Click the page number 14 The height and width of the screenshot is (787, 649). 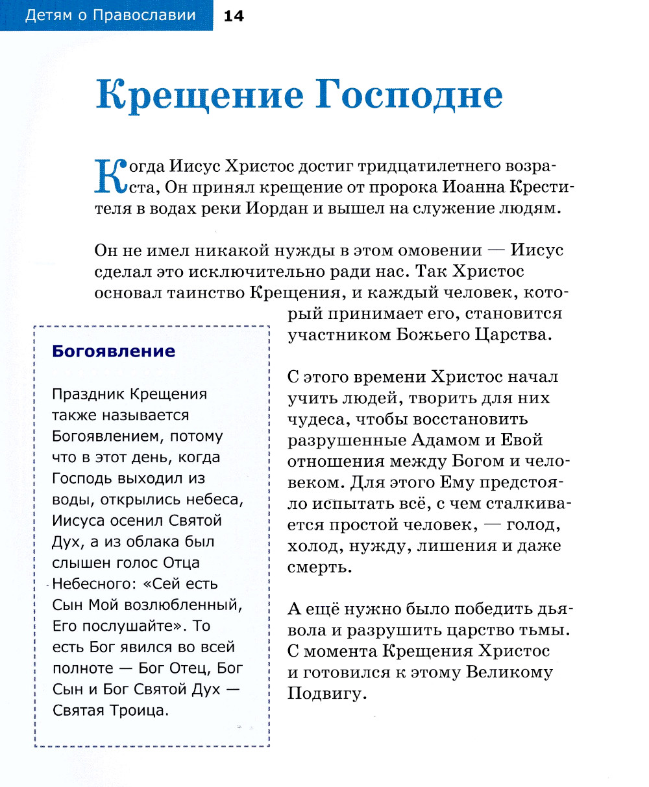[233, 16]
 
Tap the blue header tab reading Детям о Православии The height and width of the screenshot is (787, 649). [110, 16]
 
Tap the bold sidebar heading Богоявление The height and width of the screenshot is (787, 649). [114, 351]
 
